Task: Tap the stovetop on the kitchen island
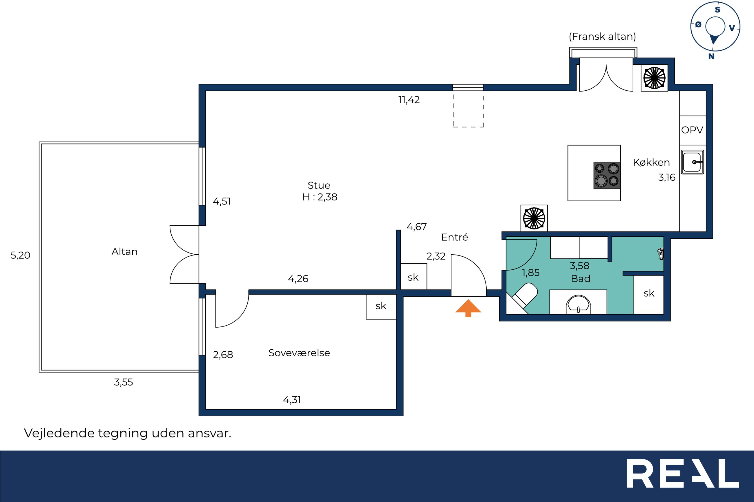[607, 175]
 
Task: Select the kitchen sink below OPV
[692, 162]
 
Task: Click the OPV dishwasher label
[692, 130]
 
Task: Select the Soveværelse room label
[299, 353]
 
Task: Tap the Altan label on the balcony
[124, 252]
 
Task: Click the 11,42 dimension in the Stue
[409, 100]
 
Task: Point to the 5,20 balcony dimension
[20, 255]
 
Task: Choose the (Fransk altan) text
[602, 36]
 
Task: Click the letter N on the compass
[711, 57]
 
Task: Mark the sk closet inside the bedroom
[381, 306]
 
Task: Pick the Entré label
[454, 237]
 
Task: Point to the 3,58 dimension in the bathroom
[579, 265]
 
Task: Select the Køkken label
[651, 163]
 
